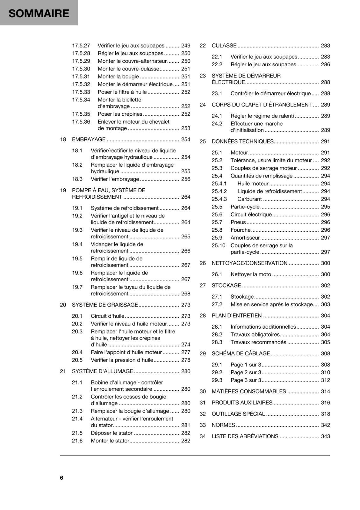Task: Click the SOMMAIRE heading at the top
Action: pos(39,13)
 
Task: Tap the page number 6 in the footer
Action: pos(61,477)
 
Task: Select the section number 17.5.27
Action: pos(81,46)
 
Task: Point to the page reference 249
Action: pos(185,46)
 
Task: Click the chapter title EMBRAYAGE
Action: pos(89,139)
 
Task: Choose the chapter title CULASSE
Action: pos(224,46)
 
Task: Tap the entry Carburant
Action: pos(249,199)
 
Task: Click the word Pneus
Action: pos(238,222)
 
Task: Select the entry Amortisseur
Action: pos(245,238)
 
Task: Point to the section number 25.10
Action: pos(218,245)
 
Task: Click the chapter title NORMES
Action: pos(223,425)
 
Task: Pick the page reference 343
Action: pos(325,436)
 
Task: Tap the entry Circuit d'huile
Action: pos(107,316)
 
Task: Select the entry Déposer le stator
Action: pos(112,433)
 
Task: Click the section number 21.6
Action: pos(77,441)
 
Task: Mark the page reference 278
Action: pos(185,360)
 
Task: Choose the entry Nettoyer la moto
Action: pos(251,274)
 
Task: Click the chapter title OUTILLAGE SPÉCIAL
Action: pos(238,414)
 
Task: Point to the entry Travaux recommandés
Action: pos(258,342)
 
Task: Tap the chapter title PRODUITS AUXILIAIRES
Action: pos(242,403)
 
